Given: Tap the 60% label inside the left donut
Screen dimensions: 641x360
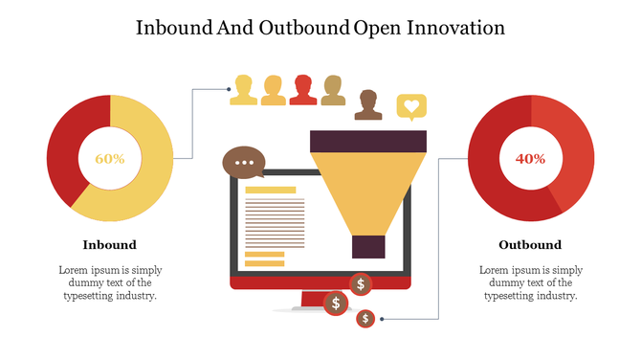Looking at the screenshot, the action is coord(110,159).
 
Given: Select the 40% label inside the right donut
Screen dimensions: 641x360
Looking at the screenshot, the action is coord(530,159).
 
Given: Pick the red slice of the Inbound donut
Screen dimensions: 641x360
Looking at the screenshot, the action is coord(67,144).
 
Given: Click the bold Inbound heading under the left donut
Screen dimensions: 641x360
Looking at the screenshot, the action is coord(109,245).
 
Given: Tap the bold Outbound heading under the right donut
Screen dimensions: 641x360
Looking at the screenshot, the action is coord(530,245).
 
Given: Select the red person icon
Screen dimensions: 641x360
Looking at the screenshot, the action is coord(303,89).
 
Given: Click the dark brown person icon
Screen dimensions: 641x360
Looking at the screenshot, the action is coord(367,104).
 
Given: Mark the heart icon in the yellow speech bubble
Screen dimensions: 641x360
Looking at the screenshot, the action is coord(411,105).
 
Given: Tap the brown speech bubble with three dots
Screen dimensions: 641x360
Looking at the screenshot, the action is coord(243,162).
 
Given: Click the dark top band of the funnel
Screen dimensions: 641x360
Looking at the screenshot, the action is coord(368,141).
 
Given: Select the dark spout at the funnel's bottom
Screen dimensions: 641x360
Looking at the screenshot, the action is coord(368,246).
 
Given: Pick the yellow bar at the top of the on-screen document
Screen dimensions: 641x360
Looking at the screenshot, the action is coord(271,191).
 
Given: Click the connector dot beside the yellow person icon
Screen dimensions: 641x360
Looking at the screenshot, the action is coord(230,90).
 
